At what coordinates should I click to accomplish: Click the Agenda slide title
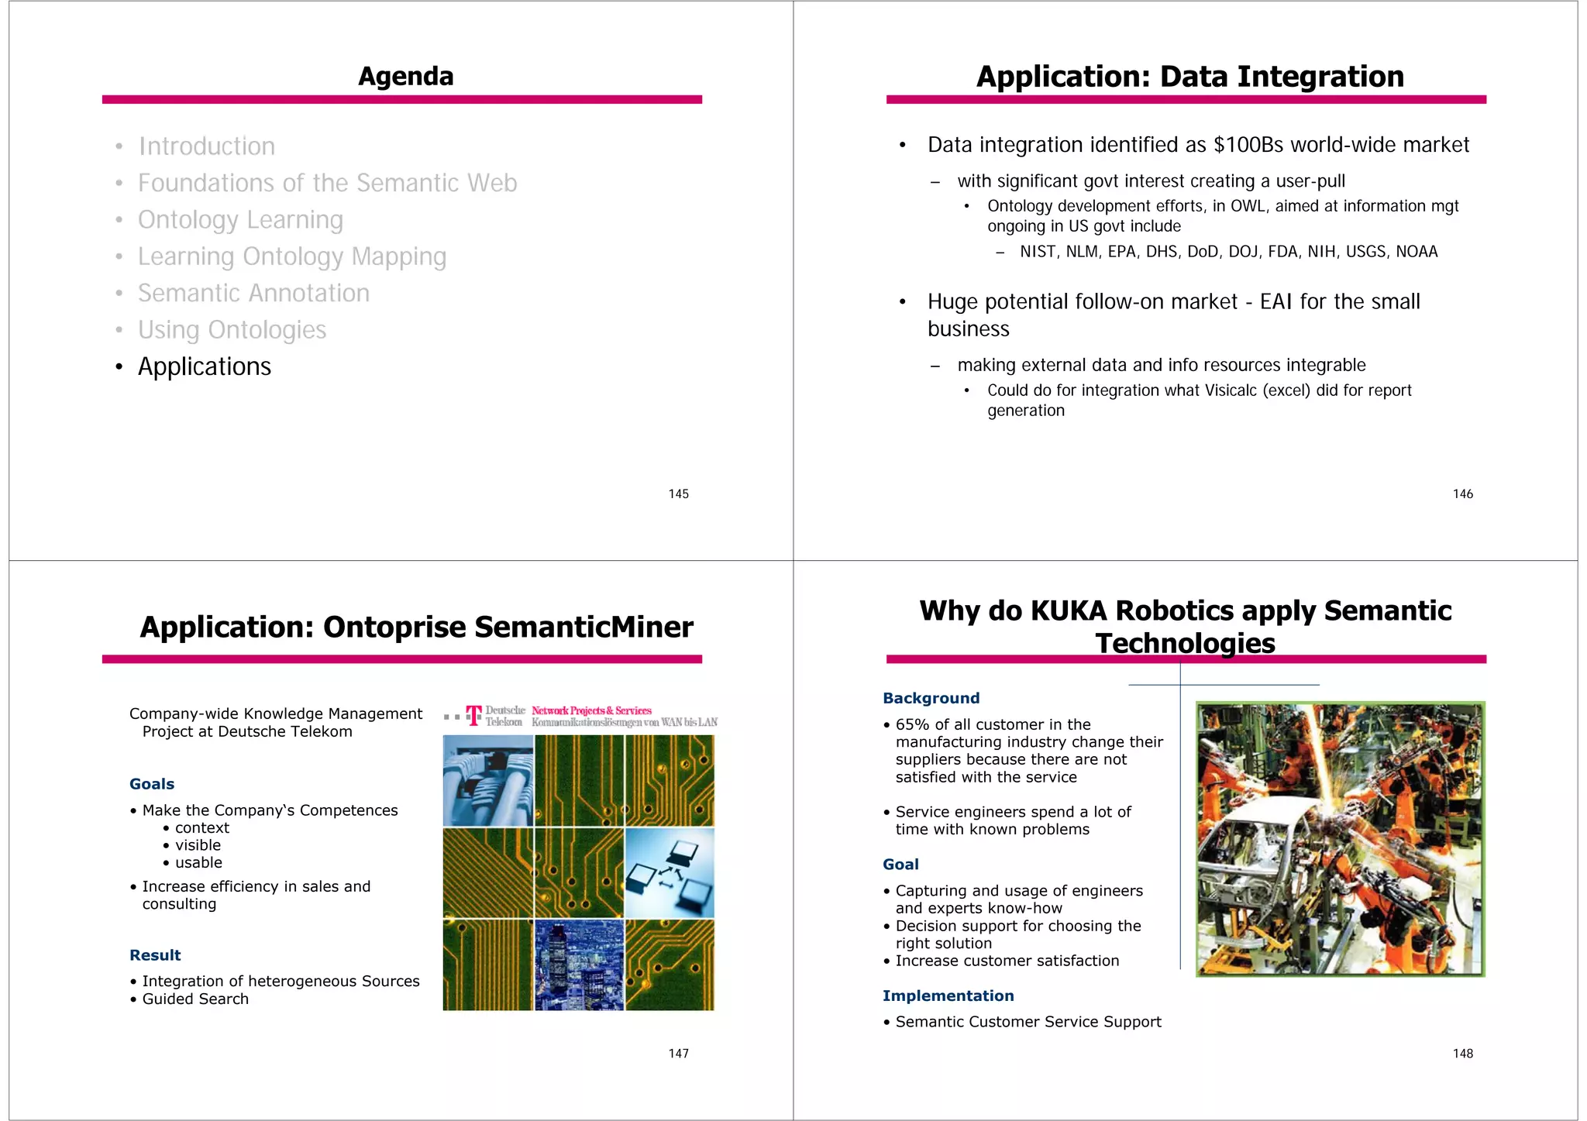point(405,77)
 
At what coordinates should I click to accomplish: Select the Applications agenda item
point(204,366)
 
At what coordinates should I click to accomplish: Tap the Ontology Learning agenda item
point(240,220)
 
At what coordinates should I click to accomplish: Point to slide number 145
point(678,494)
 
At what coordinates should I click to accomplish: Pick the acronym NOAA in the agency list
point(1417,252)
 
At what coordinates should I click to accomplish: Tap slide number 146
point(1462,494)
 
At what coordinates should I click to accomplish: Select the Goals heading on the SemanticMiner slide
point(152,784)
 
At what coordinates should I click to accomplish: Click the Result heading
point(155,955)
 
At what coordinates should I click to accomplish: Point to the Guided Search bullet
point(195,999)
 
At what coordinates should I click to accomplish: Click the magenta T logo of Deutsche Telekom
point(473,715)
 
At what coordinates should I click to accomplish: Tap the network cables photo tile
point(487,780)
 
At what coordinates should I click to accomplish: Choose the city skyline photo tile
point(579,965)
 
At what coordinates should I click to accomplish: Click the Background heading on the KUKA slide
point(931,698)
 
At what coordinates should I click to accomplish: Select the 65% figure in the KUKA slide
point(912,724)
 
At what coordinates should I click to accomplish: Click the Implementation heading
point(948,996)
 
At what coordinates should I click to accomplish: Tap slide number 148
point(1462,1054)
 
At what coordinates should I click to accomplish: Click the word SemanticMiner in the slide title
point(584,628)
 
